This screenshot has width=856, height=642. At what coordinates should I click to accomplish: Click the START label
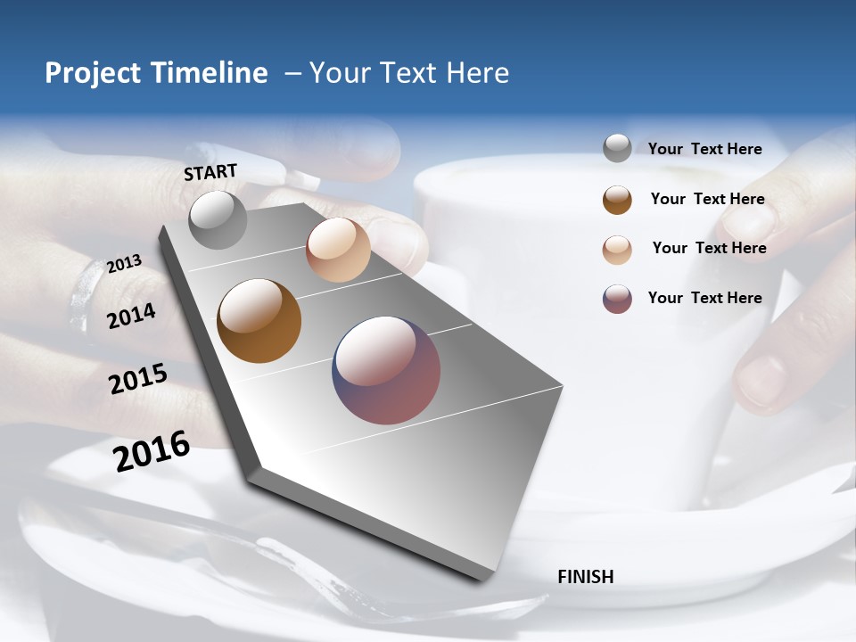pos(210,172)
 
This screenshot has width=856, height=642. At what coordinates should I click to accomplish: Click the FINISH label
pos(585,577)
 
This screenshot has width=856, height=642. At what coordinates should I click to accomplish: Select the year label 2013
pos(124,264)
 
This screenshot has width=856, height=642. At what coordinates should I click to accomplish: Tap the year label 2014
pos(131,316)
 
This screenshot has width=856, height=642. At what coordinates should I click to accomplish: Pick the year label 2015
pos(137,378)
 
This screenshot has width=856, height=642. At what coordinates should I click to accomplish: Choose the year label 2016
pos(152,450)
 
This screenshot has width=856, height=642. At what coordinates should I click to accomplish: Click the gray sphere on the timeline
pos(218,219)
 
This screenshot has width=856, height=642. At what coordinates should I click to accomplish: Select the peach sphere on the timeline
pos(338,250)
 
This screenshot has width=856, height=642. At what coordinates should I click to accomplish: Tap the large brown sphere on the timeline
pos(259,321)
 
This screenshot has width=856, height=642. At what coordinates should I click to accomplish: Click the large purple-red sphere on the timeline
pos(386,370)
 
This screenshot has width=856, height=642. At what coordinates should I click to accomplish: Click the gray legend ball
pos(617,148)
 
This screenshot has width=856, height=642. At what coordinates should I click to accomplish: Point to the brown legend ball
pos(617,200)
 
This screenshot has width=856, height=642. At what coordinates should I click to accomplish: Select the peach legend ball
pos(617,250)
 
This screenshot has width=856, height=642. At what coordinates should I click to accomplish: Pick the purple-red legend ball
pos(617,299)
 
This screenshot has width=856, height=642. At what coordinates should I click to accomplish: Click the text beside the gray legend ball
pos(704,149)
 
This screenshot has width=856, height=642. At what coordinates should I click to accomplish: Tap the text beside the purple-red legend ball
pos(704,298)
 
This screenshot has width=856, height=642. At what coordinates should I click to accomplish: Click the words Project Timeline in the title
pos(156,73)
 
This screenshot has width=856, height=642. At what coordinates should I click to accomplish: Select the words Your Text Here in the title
pos(409,73)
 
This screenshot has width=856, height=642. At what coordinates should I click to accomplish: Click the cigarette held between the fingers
pos(259,165)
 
